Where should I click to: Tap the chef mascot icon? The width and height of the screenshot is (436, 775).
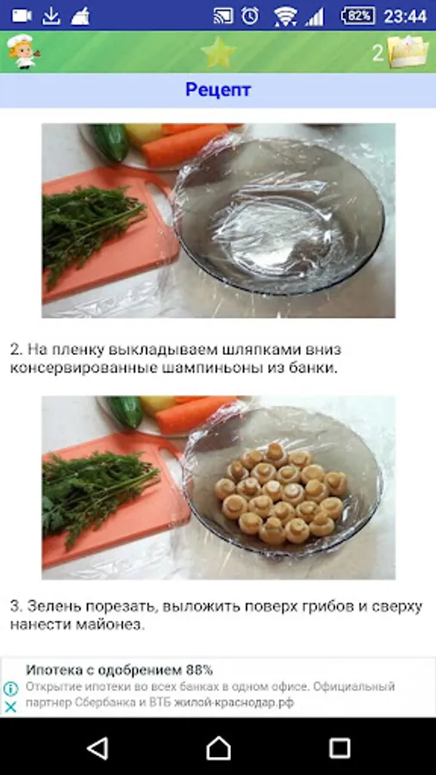point(22,52)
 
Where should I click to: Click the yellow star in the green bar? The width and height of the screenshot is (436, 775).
point(218,53)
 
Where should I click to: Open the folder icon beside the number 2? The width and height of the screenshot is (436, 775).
point(408,52)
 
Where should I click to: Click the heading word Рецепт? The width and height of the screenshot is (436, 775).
point(218,90)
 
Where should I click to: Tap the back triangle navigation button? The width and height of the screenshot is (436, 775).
point(97,747)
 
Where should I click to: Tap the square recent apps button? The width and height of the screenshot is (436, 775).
point(339,747)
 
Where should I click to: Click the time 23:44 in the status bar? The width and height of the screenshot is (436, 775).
point(405,16)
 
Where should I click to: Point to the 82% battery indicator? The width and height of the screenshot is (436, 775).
point(358,15)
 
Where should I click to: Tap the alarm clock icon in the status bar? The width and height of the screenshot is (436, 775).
point(250,15)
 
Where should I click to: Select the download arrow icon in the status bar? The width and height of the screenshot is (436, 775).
point(51,16)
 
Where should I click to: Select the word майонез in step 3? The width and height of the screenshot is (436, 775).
point(109,625)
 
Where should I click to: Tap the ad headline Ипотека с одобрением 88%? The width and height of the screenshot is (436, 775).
point(119,670)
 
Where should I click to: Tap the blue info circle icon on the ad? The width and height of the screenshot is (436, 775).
point(10,689)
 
